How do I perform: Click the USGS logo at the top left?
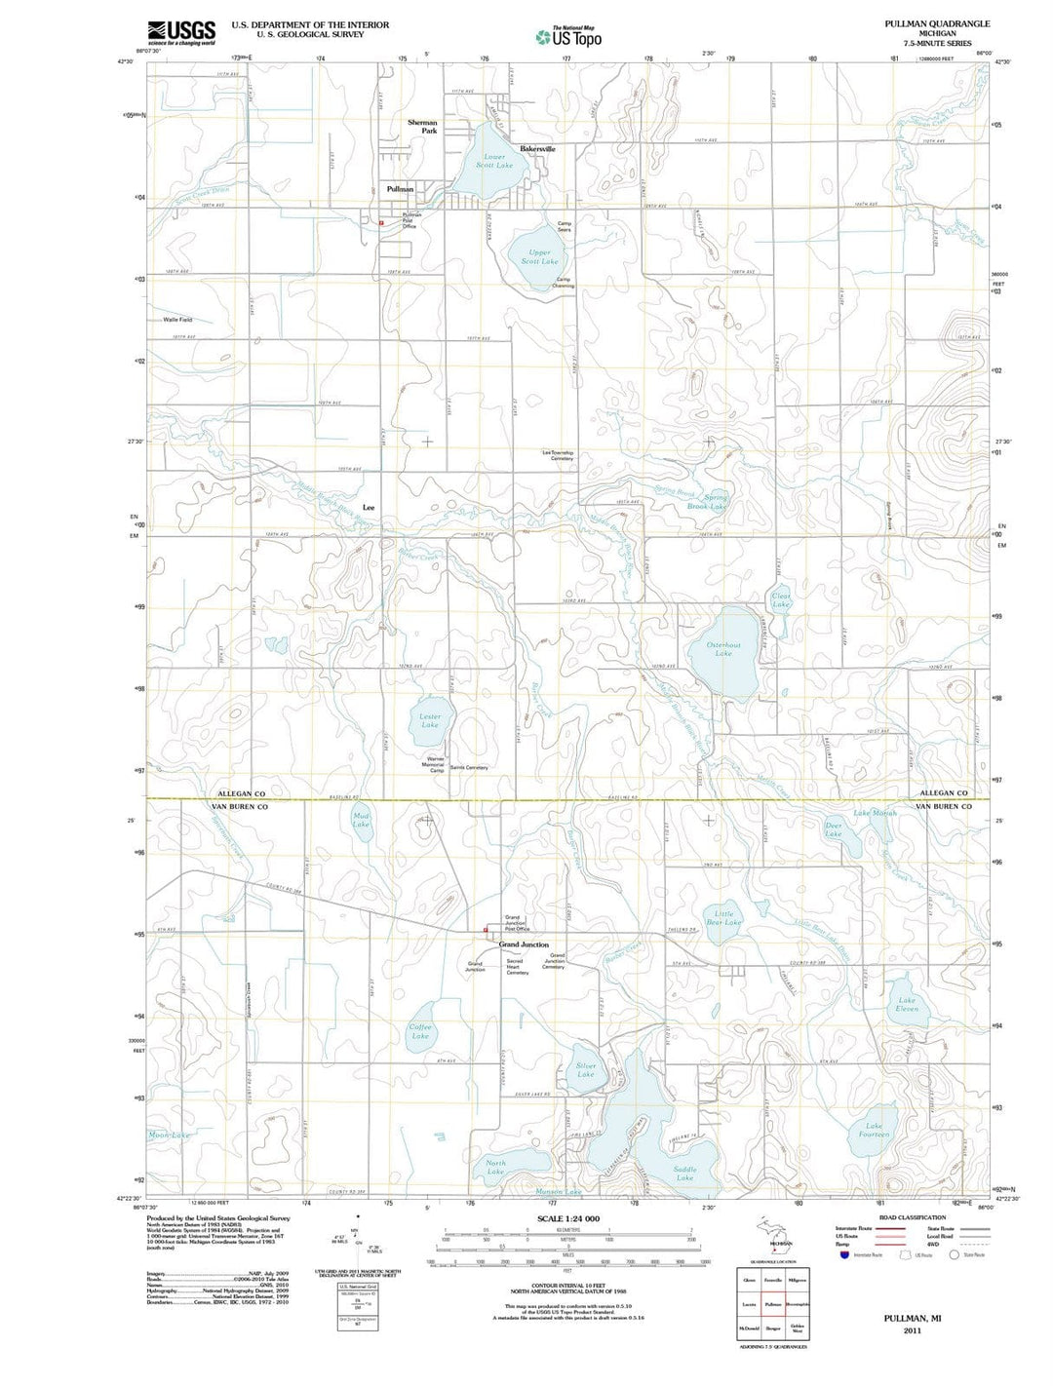[181, 33]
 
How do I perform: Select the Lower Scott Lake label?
[494, 161]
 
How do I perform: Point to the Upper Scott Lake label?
[539, 256]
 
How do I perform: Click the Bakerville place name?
[537, 149]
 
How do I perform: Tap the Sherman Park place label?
[423, 127]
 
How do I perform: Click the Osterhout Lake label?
[723, 649]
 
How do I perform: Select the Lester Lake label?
[430, 720]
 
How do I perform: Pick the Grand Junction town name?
[524, 944]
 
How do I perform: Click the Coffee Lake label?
[420, 1031]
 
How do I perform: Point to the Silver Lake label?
[586, 1070]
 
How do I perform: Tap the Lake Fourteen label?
[875, 1131]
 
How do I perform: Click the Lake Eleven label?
[907, 1004]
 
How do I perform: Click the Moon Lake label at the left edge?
[169, 1135]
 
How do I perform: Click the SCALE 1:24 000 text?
[568, 1219]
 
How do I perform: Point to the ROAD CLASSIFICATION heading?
[912, 1217]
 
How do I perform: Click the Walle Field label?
[177, 320]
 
